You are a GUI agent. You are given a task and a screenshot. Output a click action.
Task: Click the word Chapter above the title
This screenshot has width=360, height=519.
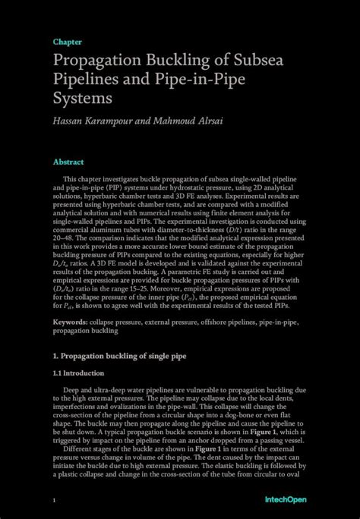click(x=68, y=42)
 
